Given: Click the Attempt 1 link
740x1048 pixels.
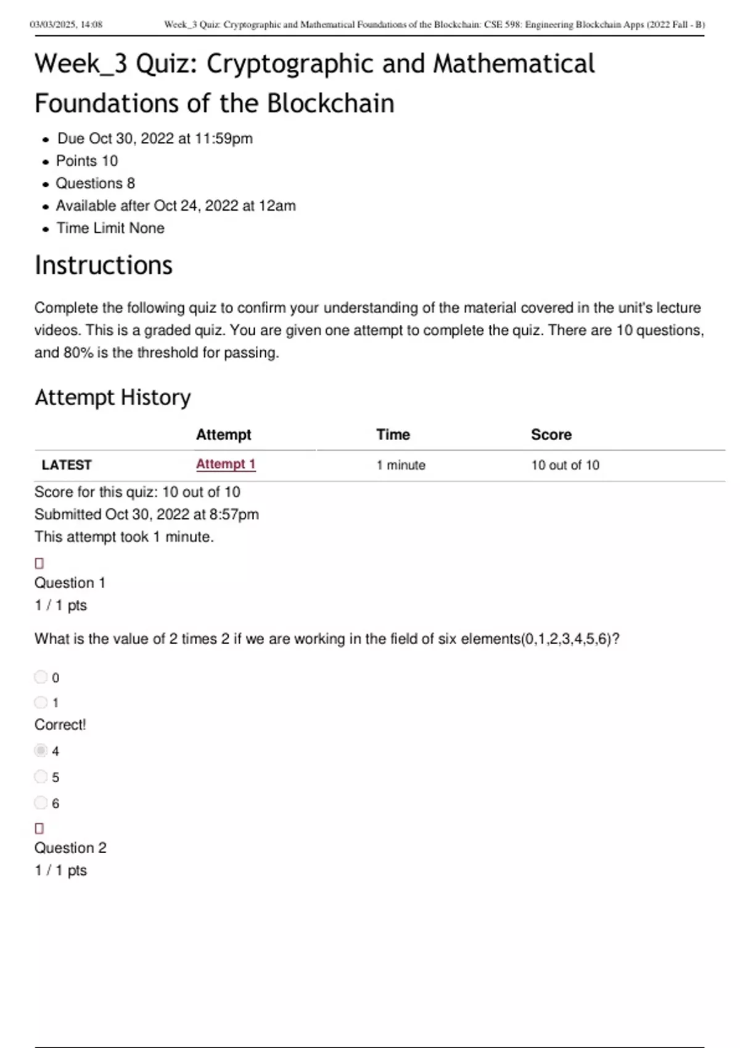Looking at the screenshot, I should [226, 464].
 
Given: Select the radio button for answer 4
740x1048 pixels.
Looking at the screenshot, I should [41, 750].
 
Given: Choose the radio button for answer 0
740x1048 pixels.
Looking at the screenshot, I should [41, 677].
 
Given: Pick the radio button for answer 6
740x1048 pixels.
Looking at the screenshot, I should [41, 802].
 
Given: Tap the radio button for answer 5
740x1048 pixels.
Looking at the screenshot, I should [41, 776].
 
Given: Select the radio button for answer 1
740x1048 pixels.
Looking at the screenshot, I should [41, 702].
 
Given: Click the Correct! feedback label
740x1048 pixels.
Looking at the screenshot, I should [60, 724].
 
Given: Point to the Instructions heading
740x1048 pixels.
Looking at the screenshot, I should [104, 265].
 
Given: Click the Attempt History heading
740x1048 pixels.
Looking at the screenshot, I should [113, 398].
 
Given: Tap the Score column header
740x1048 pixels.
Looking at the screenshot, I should [551, 435].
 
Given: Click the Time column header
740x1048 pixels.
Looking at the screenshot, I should [393, 435].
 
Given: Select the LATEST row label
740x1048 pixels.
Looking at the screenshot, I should [67, 465].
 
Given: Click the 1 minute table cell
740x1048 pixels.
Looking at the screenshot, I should [401, 465].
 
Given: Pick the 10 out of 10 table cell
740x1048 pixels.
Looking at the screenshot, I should [565, 465].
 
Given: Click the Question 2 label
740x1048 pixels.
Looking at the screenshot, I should [70, 848].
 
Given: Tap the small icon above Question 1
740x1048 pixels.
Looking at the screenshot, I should [39, 563].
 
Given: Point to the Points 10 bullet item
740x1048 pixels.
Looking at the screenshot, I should [87, 161].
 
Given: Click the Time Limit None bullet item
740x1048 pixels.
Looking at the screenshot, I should [110, 228].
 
